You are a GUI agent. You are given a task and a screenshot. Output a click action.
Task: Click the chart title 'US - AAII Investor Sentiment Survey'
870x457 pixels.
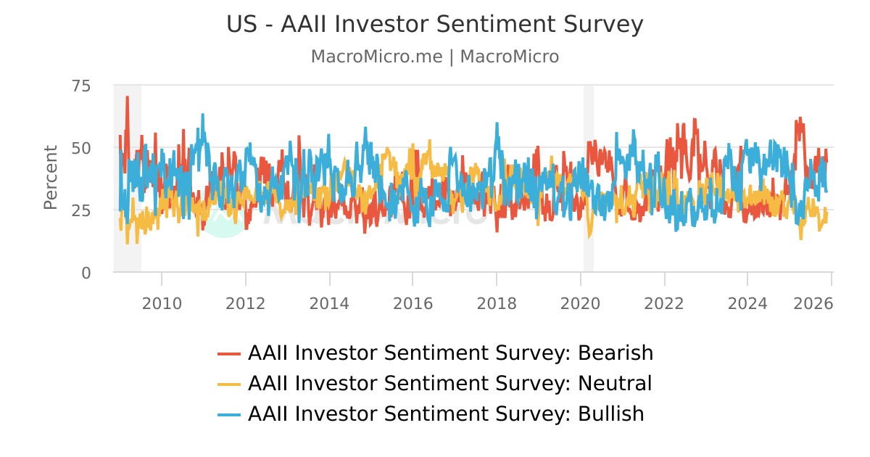coord(435,25)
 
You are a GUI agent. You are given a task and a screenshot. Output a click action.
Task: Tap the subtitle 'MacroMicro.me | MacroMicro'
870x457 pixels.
coord(435,57)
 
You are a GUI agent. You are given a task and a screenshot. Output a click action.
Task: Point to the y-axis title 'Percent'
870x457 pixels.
coord(50,178)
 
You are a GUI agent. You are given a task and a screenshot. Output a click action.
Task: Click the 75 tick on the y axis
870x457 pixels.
coord(81,86)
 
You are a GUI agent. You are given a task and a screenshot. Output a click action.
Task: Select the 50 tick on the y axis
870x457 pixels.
coord(81,148)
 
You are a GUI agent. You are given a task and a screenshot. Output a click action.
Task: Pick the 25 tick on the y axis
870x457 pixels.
coord(81,210)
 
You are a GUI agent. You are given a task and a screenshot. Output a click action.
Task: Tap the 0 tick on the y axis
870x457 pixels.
coord(86,273)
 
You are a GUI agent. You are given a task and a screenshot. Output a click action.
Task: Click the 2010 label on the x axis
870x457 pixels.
coord(162,302)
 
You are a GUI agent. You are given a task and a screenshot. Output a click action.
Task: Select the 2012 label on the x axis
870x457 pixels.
coord(246,302)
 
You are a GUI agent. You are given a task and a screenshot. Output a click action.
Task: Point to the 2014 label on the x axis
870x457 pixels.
coord(329,302)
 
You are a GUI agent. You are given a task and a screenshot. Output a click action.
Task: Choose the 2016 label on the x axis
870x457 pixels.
coord(413,302)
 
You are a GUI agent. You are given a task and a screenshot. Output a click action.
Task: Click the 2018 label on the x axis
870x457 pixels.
coord(497,302)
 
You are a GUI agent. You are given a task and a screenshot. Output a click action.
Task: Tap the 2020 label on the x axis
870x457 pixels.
coord(581,302)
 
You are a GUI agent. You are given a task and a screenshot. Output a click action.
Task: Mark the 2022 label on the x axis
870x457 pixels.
coord(664,302)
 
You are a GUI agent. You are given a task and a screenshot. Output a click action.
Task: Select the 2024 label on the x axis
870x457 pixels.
coord(747,302)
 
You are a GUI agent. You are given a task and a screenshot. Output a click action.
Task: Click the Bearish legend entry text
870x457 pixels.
coord(450,353)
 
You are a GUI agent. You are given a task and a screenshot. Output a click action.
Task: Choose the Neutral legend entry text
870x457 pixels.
coord(449,383)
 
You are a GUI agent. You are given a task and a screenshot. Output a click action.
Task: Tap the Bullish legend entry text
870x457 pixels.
coord(446,413)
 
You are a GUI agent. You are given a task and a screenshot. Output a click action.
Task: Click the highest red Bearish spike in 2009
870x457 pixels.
coord(127,97)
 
